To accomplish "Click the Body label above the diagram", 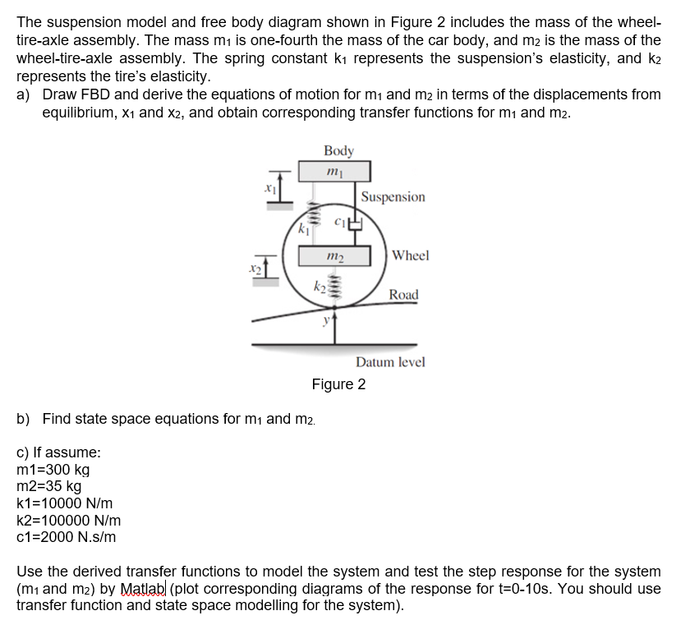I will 338,150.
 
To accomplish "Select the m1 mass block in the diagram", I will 338,172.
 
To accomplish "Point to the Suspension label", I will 393,197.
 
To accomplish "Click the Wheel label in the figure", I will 410,255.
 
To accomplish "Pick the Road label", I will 403,295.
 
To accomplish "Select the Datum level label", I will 390,362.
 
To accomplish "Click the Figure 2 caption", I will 338,384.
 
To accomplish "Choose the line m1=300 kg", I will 53,470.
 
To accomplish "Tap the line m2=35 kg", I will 48,486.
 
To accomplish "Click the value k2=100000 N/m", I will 69,521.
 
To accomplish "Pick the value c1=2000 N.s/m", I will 66,537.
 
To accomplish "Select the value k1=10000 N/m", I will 65,503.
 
